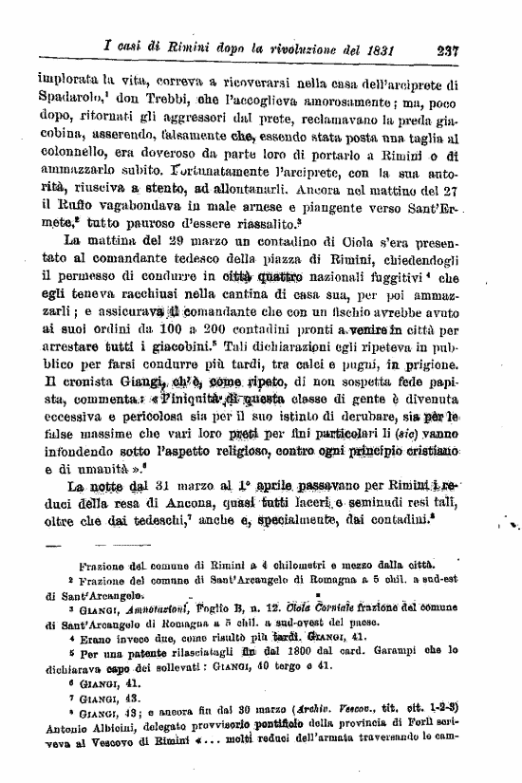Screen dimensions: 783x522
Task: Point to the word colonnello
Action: coord(72,145)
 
